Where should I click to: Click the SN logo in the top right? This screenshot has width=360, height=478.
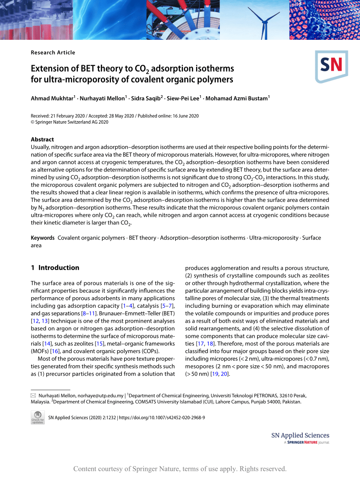click(331, 66)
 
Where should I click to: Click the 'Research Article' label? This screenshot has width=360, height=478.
click(53, 52)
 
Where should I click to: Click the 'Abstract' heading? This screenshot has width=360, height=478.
click(42, 139)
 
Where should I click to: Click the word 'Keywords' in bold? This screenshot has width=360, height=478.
click(43, 238)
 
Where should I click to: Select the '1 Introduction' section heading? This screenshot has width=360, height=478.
click(55, 268)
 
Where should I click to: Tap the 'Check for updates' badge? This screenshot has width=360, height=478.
click(38, 417)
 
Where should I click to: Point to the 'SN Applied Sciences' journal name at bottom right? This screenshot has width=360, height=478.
click(300, 435)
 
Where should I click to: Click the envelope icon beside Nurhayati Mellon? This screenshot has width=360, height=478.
click(33, 395)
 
